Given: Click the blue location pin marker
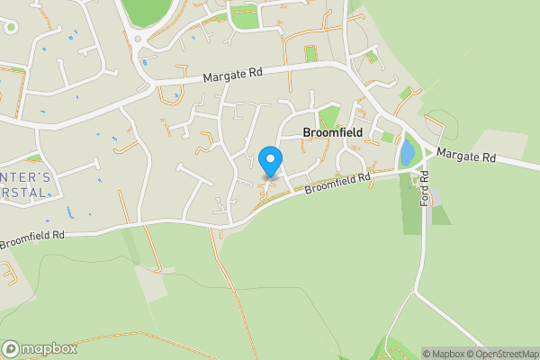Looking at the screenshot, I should [271, 161].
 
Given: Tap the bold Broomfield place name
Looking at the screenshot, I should [333, 132].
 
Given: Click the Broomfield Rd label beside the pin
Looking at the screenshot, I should [337, 183].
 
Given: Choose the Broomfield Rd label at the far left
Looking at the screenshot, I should [32, 239].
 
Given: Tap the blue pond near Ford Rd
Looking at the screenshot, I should [408, 151].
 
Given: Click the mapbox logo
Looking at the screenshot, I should [40, 348].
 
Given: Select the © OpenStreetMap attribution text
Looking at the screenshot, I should [499, 353].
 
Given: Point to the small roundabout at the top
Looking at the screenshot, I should [137, 38].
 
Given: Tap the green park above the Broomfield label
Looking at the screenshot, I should [329, 116].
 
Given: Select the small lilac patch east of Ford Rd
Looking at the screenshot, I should [435, 198].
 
